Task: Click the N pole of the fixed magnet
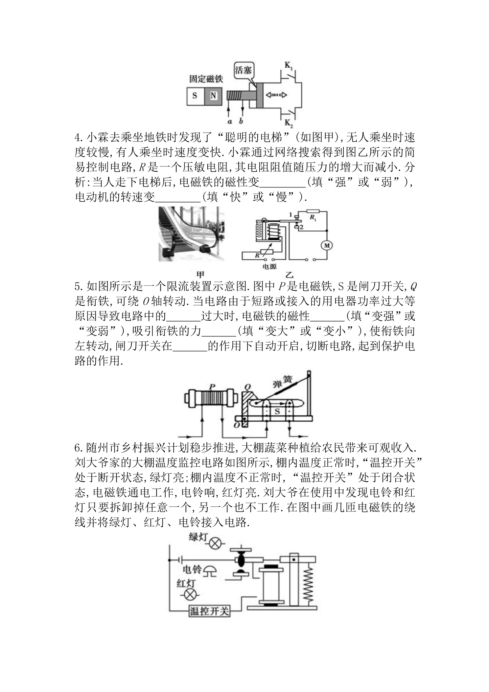pos(213,96)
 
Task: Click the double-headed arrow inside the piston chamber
pos(276,95)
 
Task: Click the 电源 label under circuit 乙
pos(269,267)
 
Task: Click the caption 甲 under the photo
pos(200,274)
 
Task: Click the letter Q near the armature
pos(246,387)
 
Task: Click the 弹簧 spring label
pos(280,382)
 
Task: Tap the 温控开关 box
pos(209,611)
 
